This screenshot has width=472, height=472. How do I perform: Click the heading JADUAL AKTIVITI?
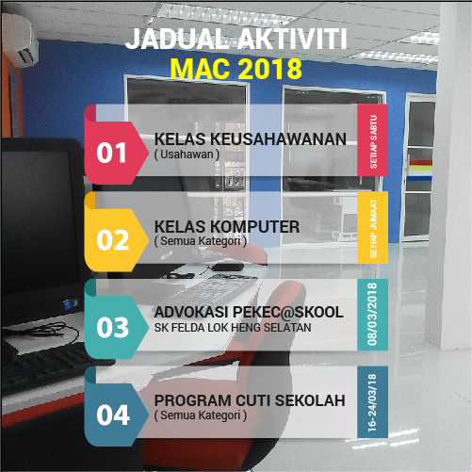(236, 39)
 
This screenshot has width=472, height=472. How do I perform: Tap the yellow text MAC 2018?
(236, 69)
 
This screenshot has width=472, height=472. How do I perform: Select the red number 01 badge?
(112, 152)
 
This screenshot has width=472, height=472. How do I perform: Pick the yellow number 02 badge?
(112, 239)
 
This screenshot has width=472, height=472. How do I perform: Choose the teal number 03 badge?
(112, 326)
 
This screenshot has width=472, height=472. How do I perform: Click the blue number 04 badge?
(112, 414)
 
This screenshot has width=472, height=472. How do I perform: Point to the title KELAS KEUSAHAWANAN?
(251, 139)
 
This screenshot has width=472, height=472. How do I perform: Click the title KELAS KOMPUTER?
(227, 227)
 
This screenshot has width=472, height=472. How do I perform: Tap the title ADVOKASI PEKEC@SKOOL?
(248, 312)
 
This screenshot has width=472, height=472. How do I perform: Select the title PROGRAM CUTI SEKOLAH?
(250, 400)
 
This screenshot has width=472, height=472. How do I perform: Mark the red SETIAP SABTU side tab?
(372, 139)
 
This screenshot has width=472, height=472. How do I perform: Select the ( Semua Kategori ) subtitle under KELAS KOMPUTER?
(199, 241)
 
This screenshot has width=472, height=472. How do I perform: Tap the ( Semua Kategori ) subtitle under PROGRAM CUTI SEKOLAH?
(199, 415)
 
